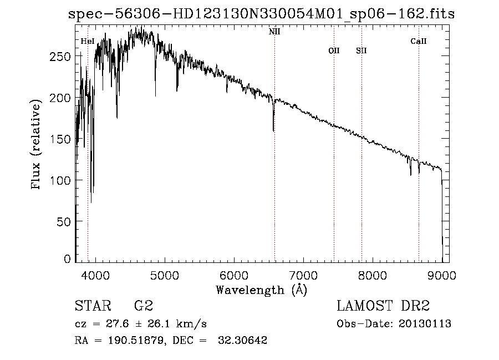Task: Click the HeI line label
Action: [x=87, y=41]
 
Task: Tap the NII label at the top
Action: [x=274, y=32]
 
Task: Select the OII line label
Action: [x=334, y=50]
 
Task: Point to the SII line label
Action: [x=361, y=50]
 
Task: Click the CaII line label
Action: [x=419, y=41]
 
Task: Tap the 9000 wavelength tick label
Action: [x=442, y=274]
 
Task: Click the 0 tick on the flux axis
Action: [x=68, y=259]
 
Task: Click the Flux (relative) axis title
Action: [x=37, y=145]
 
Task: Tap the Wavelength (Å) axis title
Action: [x=261, y=290]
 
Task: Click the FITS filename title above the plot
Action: [x=261, y=14]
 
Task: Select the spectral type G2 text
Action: [x=144, y=306]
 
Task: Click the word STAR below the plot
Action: [x=93, y=306]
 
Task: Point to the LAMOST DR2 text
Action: [x=383, y=306]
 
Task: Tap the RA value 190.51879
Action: [x=129, y=341]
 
